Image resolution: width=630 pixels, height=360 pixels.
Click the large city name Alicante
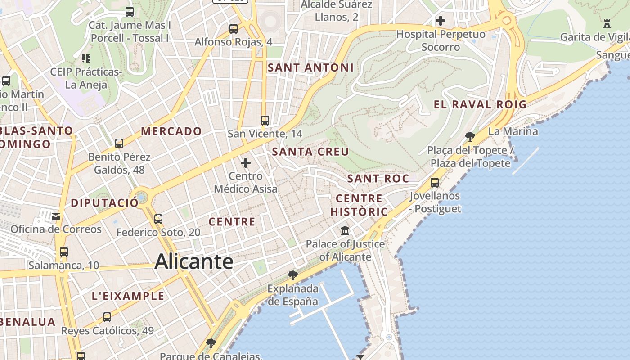194,262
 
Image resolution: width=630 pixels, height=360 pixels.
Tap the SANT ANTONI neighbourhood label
310,68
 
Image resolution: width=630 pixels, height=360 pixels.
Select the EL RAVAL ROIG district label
480,105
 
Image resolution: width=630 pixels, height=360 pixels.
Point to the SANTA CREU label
310,152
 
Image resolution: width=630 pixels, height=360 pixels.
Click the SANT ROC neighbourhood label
378,179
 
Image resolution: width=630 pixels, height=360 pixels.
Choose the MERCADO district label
171,131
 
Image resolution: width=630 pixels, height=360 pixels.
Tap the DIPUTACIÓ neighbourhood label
104,203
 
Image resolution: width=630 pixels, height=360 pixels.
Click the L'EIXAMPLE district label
128,296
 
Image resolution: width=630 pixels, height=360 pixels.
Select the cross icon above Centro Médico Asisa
246,163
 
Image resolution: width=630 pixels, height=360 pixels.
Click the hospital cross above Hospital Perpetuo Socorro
441,21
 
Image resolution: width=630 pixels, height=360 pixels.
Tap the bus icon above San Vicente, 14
265,120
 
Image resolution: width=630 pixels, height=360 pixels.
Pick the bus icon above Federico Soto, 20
158,219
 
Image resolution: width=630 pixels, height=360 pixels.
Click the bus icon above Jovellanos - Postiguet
435,182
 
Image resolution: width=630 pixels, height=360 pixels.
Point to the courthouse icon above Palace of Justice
345,230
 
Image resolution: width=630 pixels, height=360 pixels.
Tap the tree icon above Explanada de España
293,275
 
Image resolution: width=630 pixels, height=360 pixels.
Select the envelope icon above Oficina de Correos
56,216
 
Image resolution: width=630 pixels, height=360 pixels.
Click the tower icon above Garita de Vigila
607,23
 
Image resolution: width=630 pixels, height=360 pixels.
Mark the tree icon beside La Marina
470,136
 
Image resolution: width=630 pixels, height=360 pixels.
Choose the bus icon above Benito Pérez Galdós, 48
119,144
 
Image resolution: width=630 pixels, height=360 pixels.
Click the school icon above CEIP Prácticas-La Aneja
85,58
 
